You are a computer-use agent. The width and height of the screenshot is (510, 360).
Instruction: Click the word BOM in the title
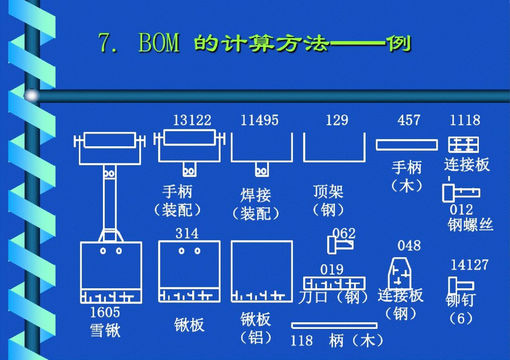(159, 43)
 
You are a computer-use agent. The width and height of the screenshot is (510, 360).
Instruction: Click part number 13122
(192, 120)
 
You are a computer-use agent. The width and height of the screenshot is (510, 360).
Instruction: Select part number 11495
(260, 120)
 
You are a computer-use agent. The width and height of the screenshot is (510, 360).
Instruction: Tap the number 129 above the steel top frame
(337, 120)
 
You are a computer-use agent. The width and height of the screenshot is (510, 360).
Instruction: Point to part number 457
(408, 120)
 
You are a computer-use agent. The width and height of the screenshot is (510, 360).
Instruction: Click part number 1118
(465, 120)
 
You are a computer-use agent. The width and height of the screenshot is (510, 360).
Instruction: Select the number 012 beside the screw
(461, 209)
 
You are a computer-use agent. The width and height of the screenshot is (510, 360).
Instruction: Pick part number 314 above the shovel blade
(187, 233)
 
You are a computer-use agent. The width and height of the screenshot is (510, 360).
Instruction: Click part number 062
(344, 233)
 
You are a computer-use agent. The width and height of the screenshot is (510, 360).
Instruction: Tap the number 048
(408, 246)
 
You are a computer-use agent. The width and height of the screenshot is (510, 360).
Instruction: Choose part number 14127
(469, 265)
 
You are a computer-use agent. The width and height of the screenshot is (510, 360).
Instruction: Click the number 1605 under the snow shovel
(105, 312)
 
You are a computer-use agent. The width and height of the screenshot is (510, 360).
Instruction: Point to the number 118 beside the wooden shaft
(301, 340)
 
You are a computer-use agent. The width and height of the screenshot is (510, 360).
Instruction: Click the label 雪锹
(105, 330)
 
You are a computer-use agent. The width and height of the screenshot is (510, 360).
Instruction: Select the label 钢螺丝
(470, 225)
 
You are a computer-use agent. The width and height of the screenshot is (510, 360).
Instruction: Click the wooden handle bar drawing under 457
(407, 145)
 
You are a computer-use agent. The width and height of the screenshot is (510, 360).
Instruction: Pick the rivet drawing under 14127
(460, 285)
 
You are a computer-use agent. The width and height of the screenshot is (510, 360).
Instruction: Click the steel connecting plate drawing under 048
(399, 274)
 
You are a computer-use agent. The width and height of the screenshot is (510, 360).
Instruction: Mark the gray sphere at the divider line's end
(32, 95)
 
